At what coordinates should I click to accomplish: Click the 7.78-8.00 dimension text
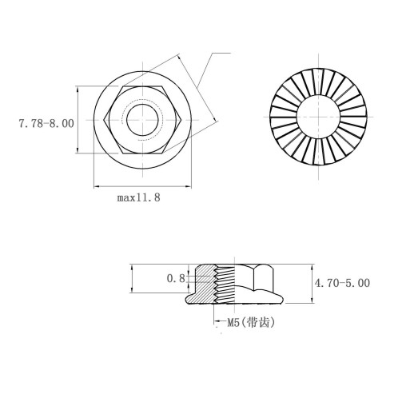[46, 124]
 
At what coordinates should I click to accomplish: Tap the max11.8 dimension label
[139, 197]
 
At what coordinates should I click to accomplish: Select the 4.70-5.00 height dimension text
[342, 283]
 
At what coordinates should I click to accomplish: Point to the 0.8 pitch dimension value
[176, 278]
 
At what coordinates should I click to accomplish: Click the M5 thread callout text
[233, 323]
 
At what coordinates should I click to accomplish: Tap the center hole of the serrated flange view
[319, 117]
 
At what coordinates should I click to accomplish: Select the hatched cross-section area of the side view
[202, 286]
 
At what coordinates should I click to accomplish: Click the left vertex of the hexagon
[104, 120]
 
